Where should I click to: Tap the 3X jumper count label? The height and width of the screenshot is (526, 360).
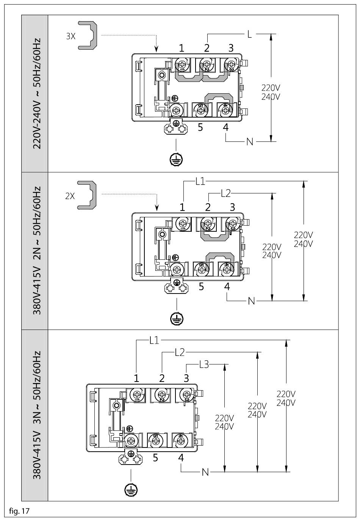[70, 36]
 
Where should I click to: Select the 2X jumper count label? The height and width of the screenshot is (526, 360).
[70, 196]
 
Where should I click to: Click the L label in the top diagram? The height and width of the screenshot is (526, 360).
[249, 34]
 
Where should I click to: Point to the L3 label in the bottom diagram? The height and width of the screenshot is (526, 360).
[204, 364]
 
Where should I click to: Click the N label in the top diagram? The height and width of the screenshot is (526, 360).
[250, 141]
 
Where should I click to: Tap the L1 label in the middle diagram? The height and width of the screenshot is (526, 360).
[200, 182]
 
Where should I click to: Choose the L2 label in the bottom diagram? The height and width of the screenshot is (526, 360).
[180, 352]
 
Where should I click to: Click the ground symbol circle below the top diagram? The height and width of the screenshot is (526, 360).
[176, 160]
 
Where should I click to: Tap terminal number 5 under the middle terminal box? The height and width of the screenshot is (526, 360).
[201, 287]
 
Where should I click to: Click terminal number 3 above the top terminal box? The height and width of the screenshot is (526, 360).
[231, 48]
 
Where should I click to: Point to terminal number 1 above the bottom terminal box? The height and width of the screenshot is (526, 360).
[136, 378]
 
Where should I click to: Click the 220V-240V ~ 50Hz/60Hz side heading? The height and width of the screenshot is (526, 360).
[37, 93]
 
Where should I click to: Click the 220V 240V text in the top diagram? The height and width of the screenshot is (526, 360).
[271, 92]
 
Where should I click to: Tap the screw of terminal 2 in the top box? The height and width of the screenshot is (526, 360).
[207, 64]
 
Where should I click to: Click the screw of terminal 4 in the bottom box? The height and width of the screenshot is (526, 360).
[180, 441]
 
